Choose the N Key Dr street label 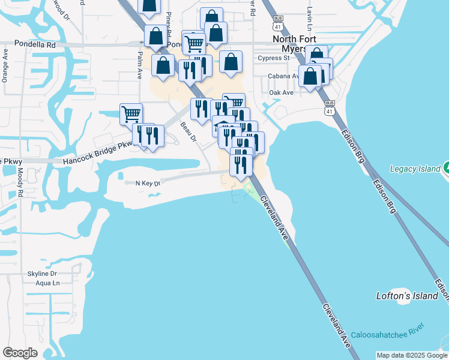click(148, 183)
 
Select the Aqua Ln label click(48, 283)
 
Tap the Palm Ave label click(139, 65)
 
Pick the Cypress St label click(273, 58)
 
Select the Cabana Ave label click(282, 76)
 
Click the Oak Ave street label click(281, 92)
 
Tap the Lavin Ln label click(310, 19)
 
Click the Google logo click(20, 353)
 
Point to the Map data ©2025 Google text click(411, 355)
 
